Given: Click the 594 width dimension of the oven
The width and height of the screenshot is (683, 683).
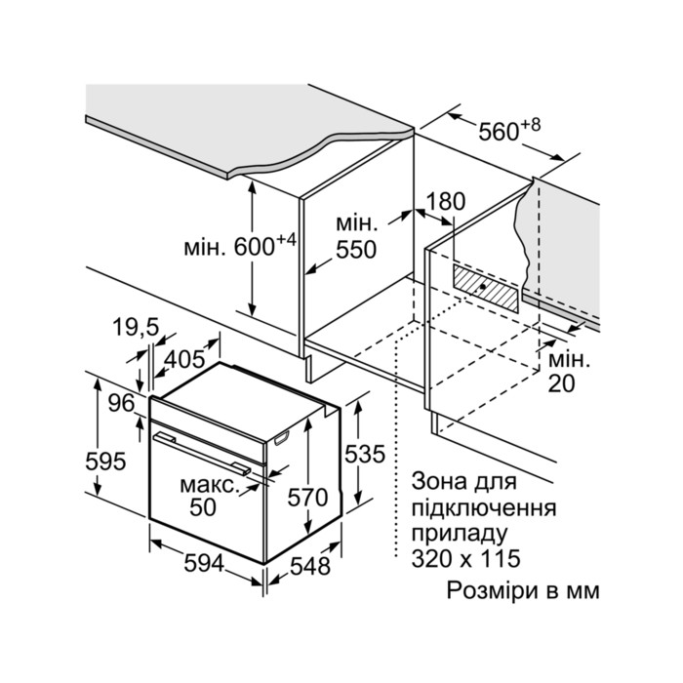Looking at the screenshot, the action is [204, 564].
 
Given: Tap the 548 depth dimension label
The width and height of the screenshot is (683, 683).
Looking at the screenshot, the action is [310, 566].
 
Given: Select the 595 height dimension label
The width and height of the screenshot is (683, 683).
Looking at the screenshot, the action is [105, 462].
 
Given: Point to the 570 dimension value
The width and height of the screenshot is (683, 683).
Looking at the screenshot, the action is [307, 498].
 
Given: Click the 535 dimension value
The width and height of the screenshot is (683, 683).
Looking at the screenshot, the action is [365, 454].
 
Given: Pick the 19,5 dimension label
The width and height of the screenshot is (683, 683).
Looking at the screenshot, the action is [136, 327].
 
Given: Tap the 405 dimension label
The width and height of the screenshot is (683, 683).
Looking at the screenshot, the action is [184, 358].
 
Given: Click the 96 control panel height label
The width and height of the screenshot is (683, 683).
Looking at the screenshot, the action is [121, 403].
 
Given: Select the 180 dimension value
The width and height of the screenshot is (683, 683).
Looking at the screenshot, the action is [446, 202].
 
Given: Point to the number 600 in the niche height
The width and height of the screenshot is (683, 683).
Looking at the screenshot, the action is [255, 248].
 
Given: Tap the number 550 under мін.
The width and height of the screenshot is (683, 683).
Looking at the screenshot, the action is [356, 250].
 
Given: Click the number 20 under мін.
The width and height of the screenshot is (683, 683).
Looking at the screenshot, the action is [561, 383].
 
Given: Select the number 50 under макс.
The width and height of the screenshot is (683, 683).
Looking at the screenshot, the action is [203, 507].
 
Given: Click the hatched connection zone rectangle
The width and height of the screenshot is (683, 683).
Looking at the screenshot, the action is [486, 288].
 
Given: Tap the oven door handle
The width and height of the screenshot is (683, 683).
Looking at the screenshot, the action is [202, 452].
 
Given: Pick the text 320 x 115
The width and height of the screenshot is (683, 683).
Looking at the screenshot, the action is [465, 558].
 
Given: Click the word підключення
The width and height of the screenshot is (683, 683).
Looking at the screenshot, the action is [484, 508].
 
